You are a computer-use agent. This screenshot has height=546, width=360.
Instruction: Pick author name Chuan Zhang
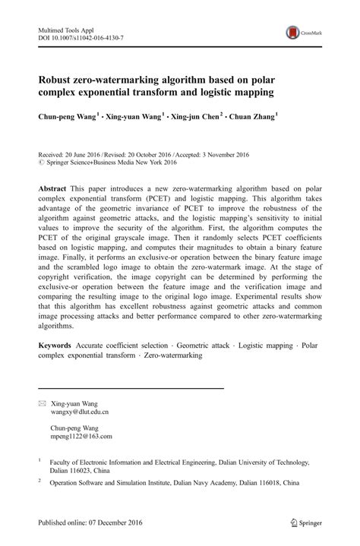[x=254, y=117]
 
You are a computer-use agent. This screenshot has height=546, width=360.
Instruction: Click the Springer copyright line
[x=111, y=163]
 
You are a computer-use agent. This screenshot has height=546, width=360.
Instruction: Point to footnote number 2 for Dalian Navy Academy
[x=39, y=481]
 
